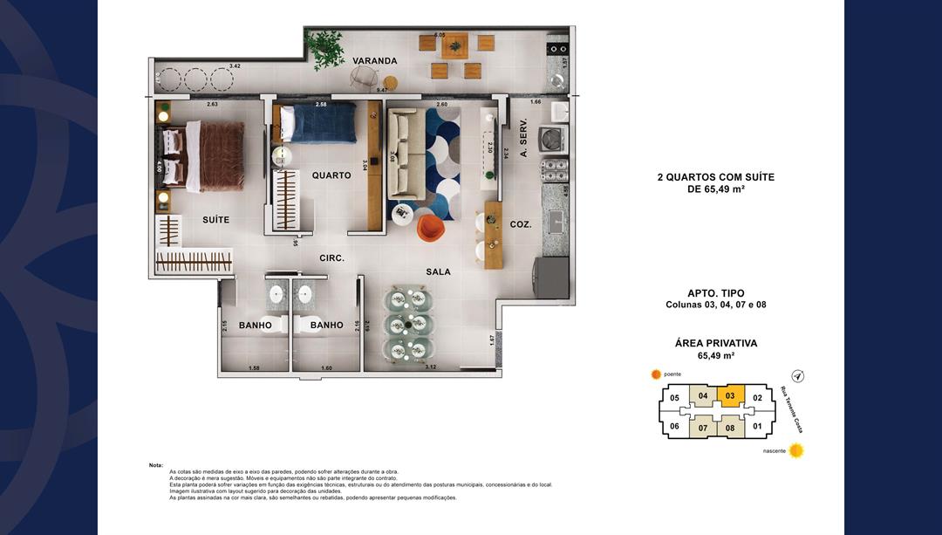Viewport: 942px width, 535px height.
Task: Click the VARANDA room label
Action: coord(375,61)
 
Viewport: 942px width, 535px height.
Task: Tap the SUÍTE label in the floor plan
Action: coord(215,220)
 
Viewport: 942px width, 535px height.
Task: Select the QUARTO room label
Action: coord(331,175)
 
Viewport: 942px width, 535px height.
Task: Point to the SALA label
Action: coord(438,272)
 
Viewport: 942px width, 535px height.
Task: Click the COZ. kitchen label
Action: coord(521,224)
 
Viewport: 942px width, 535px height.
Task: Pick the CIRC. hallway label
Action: coord(331,258)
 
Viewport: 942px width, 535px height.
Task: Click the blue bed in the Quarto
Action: coord(322,121)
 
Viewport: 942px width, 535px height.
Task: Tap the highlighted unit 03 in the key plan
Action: coord(730,396)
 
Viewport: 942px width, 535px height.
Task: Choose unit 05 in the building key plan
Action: coord(674,399)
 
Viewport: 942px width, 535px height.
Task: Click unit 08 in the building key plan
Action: coord(730,428)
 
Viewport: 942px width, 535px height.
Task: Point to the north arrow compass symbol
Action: coord(797,376)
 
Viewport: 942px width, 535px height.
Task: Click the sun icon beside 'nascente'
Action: coord(796,451)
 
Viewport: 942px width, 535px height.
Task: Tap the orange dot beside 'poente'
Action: coord(657,374)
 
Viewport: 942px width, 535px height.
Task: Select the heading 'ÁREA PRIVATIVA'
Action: coord(715,343)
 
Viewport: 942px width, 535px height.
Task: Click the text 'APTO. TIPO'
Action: coord(715,293)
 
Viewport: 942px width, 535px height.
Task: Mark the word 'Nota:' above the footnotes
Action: coord(156,465)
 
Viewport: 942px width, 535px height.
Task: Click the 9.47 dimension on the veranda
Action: coord(382,91)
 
